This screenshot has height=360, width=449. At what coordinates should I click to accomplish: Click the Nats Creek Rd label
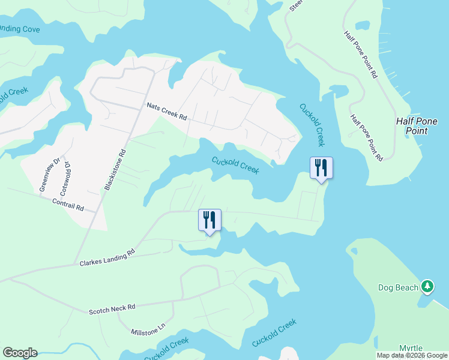[167, 111]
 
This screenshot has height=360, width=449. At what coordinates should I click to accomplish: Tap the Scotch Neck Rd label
[112, 308]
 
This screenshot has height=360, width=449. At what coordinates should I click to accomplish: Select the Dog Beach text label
[398, 287]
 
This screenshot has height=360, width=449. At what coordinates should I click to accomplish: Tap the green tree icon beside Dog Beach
[427, 287]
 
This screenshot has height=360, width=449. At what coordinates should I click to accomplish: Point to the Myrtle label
[411, 349]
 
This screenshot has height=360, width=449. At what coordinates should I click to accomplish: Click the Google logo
[20, 353]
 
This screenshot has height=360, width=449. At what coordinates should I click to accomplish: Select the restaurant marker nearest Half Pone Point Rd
[321, 168]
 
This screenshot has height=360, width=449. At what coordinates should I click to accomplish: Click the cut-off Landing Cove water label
[17, 29]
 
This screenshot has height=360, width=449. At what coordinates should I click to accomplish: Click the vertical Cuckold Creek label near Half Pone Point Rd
[312, 125]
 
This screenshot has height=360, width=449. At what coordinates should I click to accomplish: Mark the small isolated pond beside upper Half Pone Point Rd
[363, 26]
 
